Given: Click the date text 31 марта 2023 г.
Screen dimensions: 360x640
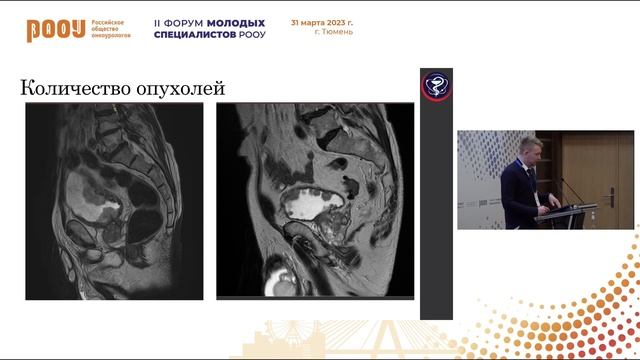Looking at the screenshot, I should pos(321,21).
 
